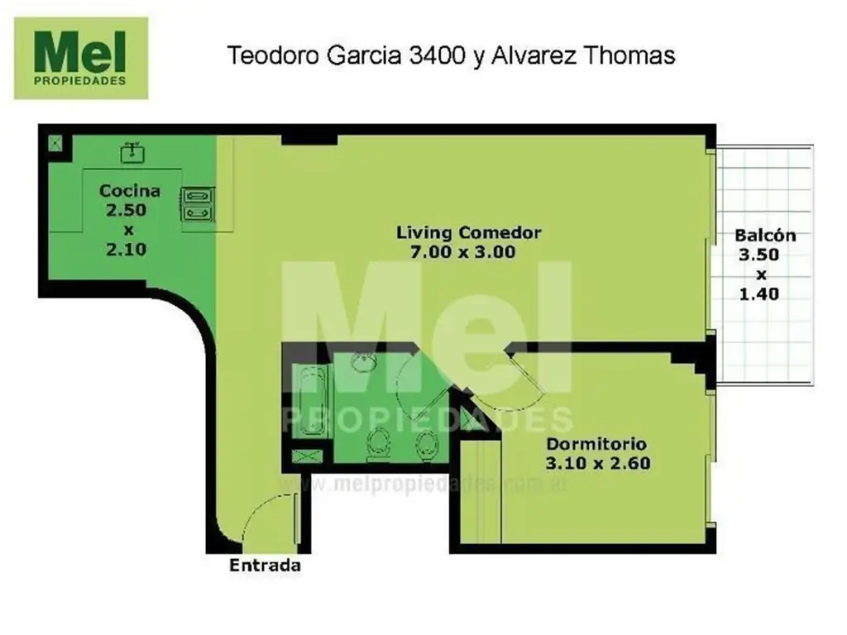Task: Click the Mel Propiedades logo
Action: pos(81,59)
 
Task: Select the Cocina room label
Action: pos(130,191)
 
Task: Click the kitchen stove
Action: pos(199,204)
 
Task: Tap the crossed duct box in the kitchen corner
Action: pos(55,143)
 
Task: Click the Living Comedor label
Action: pos(469,232)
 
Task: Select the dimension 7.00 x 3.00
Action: pos(463,252)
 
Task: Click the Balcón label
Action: pos(765,236)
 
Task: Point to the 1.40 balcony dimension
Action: pos(759,294)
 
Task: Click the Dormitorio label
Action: pos(596,444)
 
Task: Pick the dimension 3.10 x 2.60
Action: pos(598,463)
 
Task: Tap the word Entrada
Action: pos(266,566)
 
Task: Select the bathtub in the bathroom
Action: pos(309,401)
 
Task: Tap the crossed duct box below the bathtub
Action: pos(308,456)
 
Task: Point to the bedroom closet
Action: pos(481,491)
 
